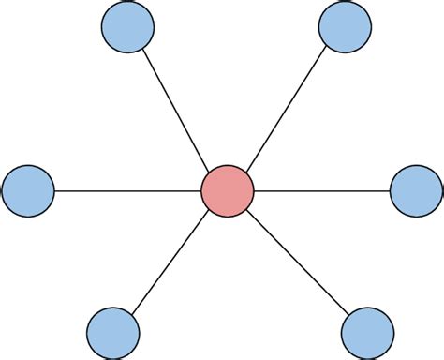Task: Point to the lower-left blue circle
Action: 112,332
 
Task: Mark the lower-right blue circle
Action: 367,332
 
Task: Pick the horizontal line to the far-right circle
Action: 321,191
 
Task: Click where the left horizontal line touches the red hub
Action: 201,191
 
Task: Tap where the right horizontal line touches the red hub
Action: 254,191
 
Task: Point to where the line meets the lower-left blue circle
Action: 129,311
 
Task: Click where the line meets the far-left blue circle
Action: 54,191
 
